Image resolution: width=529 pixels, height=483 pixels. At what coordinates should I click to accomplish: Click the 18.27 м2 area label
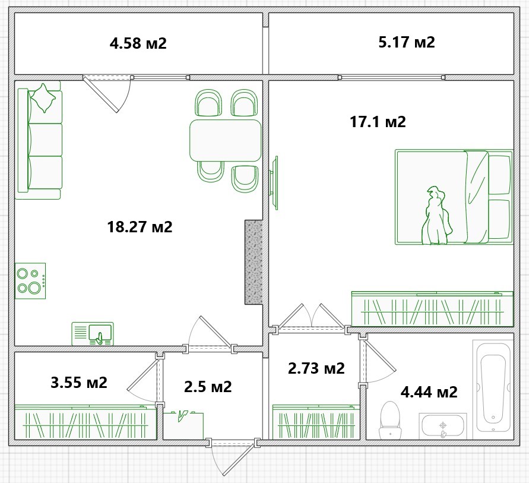click(x=140, y=227)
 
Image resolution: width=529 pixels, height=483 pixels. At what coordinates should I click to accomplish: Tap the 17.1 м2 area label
click(x=378, y=122)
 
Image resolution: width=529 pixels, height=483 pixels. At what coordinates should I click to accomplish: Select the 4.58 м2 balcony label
click(x=138, y=43)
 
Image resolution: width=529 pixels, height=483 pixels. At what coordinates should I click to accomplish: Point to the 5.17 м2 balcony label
click(x=407, y=42)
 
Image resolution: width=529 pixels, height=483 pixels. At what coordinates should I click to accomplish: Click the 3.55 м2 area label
click(x=79, y=383)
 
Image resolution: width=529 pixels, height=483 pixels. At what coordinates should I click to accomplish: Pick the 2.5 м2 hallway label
click(x=208, y=387)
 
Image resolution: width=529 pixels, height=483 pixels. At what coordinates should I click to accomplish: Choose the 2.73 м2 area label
click(x=316, y=368)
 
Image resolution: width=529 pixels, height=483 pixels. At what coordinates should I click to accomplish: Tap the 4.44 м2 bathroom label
click(x=429, y=392)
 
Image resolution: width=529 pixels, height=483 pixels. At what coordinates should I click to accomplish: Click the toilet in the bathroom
click(x=390, y=420)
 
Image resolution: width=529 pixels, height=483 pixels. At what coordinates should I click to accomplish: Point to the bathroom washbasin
click(x=443, y=426)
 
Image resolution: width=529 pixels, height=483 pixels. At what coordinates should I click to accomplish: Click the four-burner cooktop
click(x=30, y=281)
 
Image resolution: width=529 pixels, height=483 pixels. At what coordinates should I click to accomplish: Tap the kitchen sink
click(x=93, y=334)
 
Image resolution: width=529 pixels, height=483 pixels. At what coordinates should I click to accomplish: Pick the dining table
click(x=226, y=140)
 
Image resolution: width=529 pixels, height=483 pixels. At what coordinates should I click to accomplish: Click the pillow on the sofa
click(x=43, y=98)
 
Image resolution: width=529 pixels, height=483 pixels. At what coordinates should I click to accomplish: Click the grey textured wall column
click(x=254, y=262)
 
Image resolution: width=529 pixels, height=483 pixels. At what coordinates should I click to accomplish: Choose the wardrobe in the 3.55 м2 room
click(x=85, y=422)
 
